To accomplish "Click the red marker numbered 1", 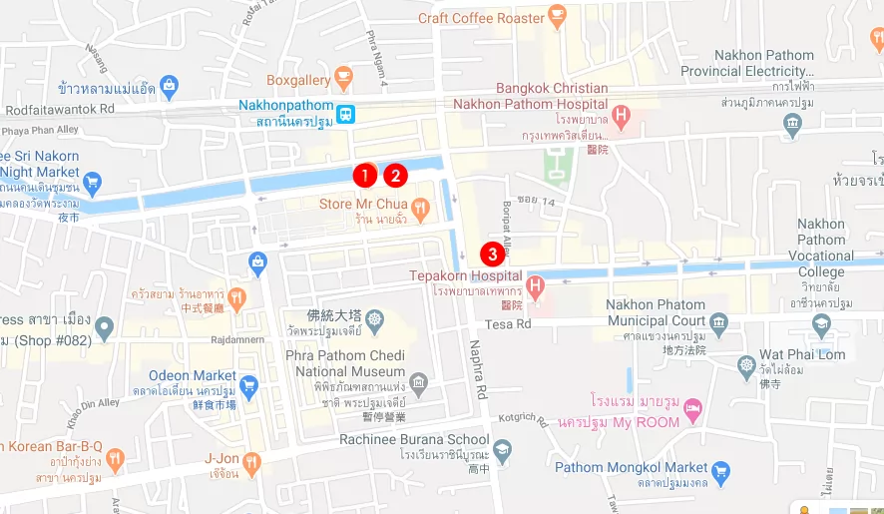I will pyautogui.click(x=365, y=175).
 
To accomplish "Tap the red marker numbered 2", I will pyautogui.click(x=396, y=175).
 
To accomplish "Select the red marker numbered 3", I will pyautogui.click(x=492, y=254).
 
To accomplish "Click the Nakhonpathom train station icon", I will pyautogui.click(x=345, y=114).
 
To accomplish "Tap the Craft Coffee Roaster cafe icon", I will pyautogui.click(x=557, y=17).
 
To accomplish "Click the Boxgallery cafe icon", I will pyautogui.click(x=343, y=76).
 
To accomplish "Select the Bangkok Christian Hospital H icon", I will pyautogui.click(x=622, y=116).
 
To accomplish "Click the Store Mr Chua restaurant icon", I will pyautogui.click(x=420, y=210).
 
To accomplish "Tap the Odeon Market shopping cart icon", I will pyautogui.click(x=249, y=384).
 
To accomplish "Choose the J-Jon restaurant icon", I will pyautogui.click(x=251, y=462).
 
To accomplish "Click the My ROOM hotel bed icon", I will pyautogui.click(x=693, y=410).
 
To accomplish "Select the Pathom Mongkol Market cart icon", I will pyautogui.click(x=721, y=468).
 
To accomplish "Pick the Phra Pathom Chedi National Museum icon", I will pyautogui.click(x=420, y=383).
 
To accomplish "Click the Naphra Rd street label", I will pyautogui.click(x=479, y=369).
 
